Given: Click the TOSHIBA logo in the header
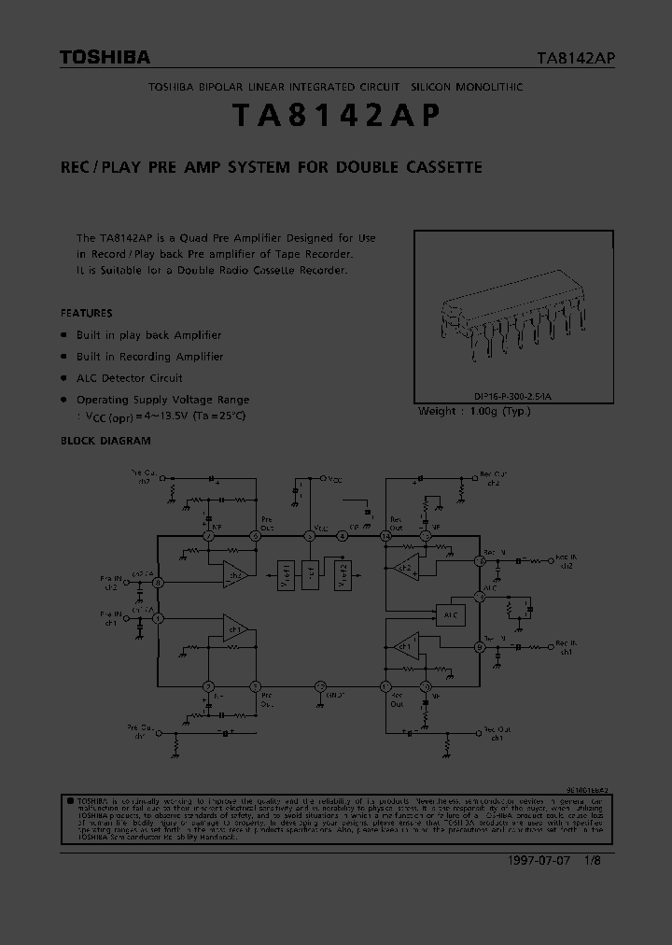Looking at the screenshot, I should pos(105,58).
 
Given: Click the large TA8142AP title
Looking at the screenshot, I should pos(335,115).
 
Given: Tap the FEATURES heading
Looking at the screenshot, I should pos(86,314).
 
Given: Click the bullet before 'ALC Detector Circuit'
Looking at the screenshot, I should pos(64,378).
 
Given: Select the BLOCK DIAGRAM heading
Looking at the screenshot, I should pos(105,441).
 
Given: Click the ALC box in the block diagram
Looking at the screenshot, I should pos(450,614).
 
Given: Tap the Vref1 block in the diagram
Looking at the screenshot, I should pos(285,577).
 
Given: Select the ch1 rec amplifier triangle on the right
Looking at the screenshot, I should pos(404,643).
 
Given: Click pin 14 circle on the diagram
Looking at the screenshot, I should pos(385,536).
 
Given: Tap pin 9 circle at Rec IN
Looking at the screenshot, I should pos(479,646).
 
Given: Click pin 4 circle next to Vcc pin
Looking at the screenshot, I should pos(343,536).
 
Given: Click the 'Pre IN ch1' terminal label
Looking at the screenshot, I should pos(112,618).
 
